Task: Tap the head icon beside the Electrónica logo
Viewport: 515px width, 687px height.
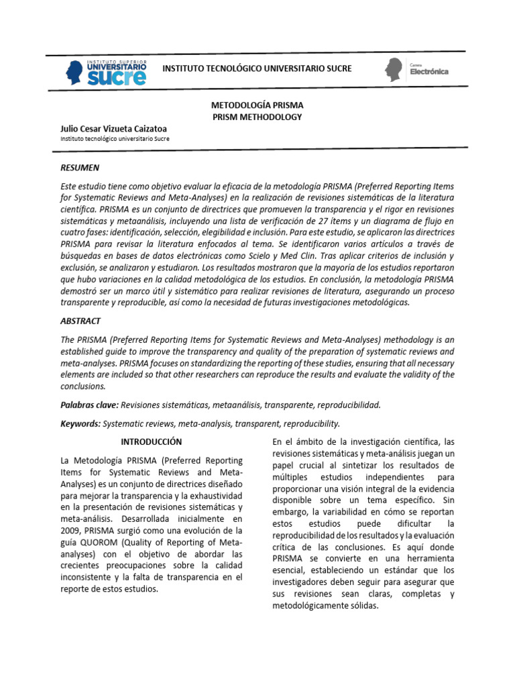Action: [x=394, y=70]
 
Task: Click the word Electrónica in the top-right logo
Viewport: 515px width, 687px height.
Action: [x=429, y=72]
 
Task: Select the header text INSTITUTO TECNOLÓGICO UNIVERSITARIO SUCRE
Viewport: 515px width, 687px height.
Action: [x=257, y=69]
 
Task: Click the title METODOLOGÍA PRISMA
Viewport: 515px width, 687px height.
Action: [x=257, y=106]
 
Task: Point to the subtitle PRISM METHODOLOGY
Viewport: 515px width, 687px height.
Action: [x=257, y=117]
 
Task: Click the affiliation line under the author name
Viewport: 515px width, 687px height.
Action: [x=115, y=139]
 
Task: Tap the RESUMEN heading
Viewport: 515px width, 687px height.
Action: [x=79, y=168]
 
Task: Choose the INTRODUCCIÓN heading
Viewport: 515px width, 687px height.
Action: [x=151, y=442]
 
